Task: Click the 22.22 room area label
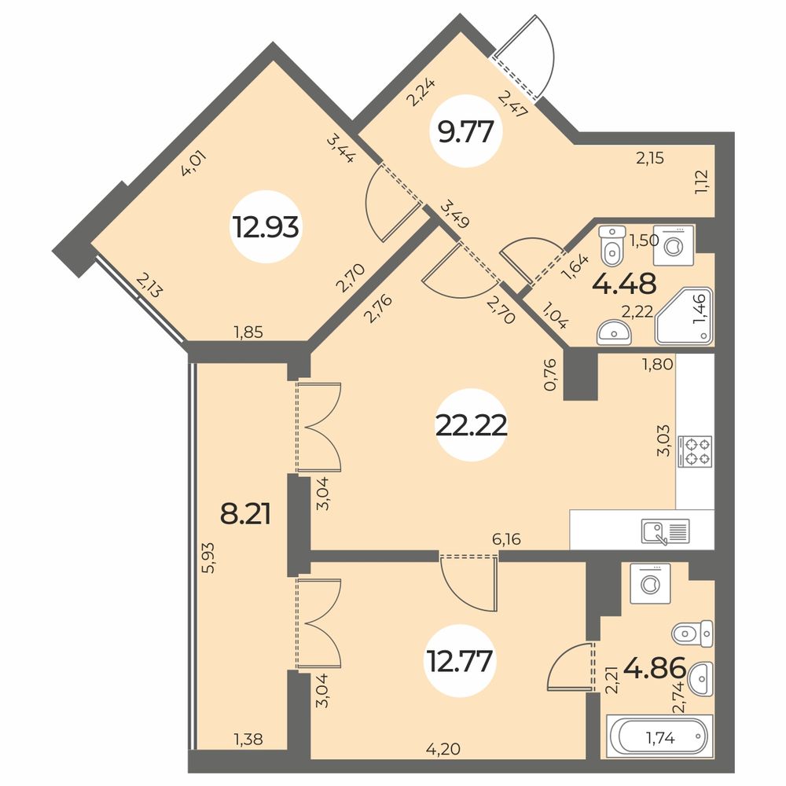point(471,427)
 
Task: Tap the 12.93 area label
point(265,227)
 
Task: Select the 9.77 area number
point(466,131)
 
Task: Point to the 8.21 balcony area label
point(245,514)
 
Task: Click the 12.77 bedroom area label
point(459,661)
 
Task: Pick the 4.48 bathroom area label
point(624,284)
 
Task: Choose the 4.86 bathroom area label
point(654,668)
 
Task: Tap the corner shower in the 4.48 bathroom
point(684,316)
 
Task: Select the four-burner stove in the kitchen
point(695,451)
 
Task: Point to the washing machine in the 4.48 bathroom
point(674,245)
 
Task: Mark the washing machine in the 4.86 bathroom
point(650,583)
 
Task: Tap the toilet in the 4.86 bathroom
point(692,634)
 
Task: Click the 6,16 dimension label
point(506,539)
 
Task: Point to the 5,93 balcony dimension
point(208,557)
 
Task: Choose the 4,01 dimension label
point(193,163)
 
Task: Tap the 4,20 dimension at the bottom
point(443,749)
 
